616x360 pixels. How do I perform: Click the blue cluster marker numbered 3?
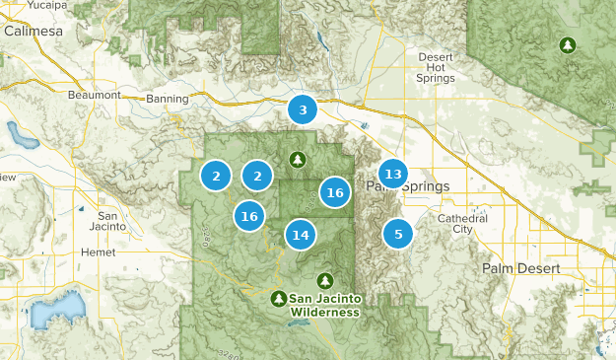point(303,110)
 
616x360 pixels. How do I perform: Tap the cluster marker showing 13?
point(393,175)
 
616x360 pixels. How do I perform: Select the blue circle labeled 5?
point(398,234)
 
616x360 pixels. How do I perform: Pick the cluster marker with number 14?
point(301,235)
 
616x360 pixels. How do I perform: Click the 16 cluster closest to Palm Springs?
point(335,192)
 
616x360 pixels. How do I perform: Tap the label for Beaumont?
point(94,96)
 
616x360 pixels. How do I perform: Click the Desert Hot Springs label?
point(436,67)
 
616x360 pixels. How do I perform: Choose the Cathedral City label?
point(455,223)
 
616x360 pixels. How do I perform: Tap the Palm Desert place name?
point(520,268)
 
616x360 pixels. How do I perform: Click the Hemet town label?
point(98,252)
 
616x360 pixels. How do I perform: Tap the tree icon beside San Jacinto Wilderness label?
point(279,298)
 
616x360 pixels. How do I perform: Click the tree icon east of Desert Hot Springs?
point(567,45)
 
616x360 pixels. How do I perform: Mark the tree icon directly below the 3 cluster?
point(298,159)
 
